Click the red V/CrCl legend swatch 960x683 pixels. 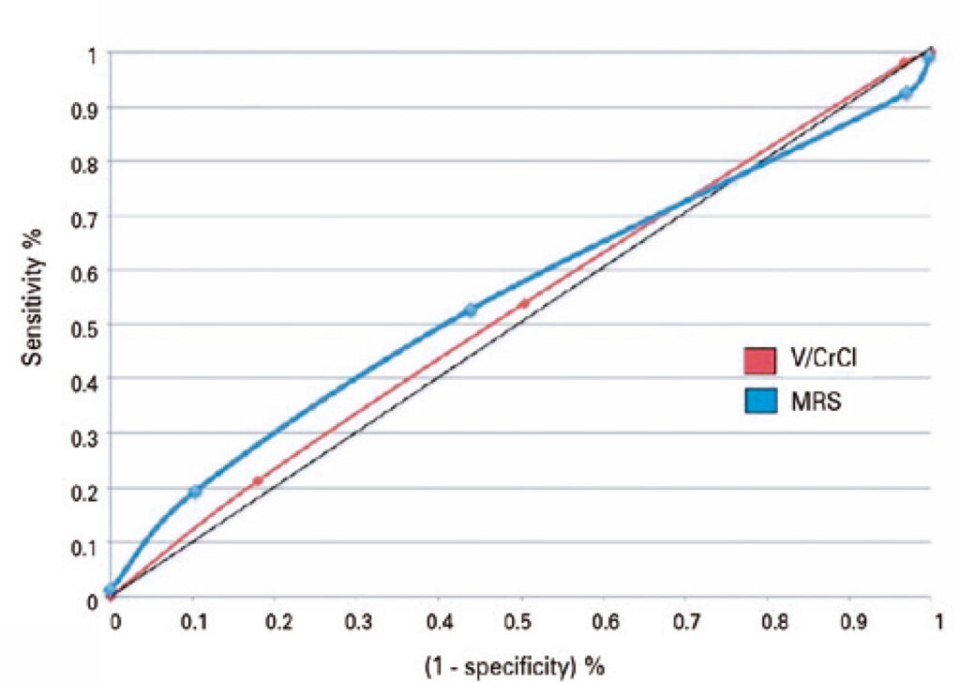click(x=760, y=359)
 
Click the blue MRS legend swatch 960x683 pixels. click(x=760, y=403)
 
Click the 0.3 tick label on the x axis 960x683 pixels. click(x=358, y=622)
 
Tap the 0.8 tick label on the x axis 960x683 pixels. click(x=768, y=622)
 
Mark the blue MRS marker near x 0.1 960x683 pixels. click(x=195, y=492)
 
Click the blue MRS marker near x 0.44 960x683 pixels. click(x=471, y=310)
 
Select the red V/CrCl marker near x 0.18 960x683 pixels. click(x=258, y=480)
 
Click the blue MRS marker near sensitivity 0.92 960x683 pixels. click(x=906, y=94)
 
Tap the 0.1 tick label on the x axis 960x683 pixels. click(x=194, y=622)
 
